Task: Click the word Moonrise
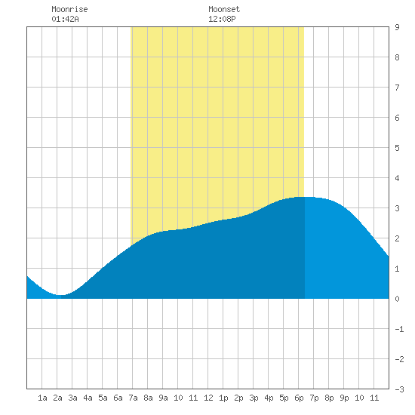tap(69, 9)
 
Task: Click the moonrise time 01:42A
tap(65, 19)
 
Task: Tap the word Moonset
tap(224, 9)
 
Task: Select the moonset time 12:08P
tap(222, 19)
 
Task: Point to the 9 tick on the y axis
tap(397, 27)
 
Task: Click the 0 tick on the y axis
tap(397, 299)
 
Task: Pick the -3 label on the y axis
tap(399, 389)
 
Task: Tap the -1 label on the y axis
tap(399, 329)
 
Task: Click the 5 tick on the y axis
tap(397, 148)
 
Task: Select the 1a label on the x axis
tap(42, 398)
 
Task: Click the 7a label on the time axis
tap(133, 398)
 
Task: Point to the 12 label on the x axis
tap(208, 398)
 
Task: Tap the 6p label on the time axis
tap(299, 398)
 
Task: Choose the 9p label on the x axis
tap(344, 398)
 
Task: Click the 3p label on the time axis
tap(254, 398)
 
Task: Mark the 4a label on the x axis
tap(88, 398)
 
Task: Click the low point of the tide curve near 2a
tap(60, 295)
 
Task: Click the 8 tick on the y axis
tap(397, 57)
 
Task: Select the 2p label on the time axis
tap(238, 398)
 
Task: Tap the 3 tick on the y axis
tap(397, 208)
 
